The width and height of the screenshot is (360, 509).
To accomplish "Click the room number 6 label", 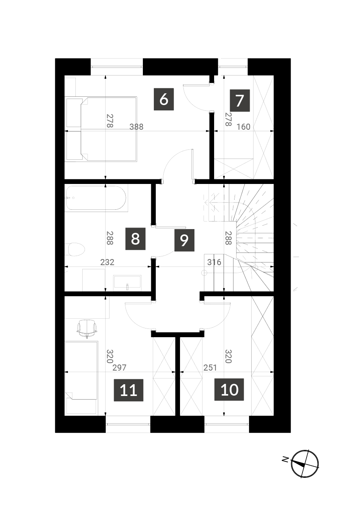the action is point(164,99).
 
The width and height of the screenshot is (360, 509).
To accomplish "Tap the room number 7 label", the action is point(240,101).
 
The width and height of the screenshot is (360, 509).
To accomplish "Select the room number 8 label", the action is point(135,239).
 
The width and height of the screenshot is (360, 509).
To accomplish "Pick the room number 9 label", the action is point(184,240).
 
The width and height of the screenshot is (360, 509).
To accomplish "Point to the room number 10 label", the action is point(229,390).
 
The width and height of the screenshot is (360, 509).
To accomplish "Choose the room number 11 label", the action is point(128,390).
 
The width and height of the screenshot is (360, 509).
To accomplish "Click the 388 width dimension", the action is point(136,127).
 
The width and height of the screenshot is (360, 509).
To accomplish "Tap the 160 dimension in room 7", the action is point(243,127).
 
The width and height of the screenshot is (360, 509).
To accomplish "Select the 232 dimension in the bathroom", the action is point(107,262).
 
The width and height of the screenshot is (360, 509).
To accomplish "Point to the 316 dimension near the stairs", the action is point(214,262).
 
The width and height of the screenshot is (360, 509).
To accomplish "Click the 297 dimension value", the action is point(119,368).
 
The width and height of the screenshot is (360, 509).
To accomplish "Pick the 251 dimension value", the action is point(210,368).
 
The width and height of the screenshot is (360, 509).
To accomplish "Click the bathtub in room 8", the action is point(96,198).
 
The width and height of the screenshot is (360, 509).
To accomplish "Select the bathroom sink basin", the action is point(127,283).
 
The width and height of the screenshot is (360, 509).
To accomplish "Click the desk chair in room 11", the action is point(87,328).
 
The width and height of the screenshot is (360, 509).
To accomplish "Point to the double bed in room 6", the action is point(101,129).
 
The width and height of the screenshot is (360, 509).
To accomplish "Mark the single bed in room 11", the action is point(81,378).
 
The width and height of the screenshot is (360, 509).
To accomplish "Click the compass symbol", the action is point(305,464).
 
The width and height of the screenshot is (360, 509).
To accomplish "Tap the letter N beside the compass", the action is point(285,459).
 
